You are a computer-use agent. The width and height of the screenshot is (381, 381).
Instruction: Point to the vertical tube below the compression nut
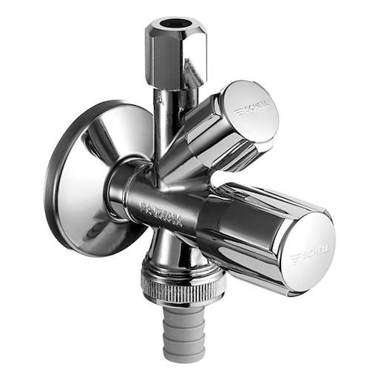tap(164, 111)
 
